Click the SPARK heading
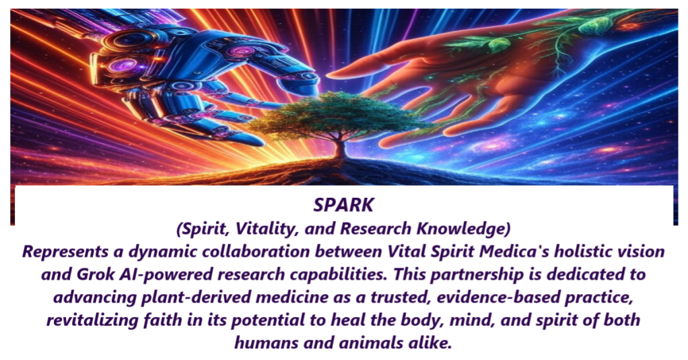click(343, 205)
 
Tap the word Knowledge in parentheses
click(463, 229)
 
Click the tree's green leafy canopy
click(342, 114)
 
